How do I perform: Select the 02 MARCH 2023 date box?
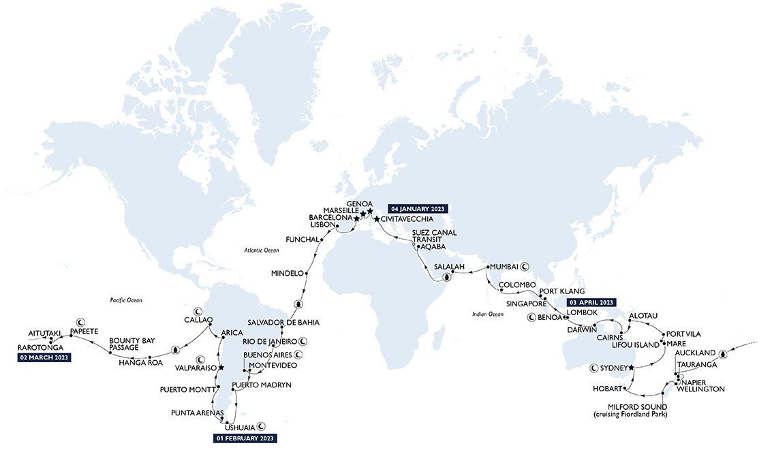tap(45, 357)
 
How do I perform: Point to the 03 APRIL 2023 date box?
tap(591, 302)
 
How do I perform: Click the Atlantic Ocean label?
tap(262, 251)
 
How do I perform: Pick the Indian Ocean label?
tap(487, 314)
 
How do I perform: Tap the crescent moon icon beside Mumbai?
tap(525, 266)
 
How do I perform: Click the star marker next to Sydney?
tap(632, 368)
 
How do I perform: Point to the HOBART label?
tap(608, 389)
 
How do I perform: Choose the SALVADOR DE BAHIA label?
tap(283, 322)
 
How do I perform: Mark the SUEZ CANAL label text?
tap(434, 233)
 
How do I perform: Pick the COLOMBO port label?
tap(518, 285)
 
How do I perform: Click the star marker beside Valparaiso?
tap(221, 368)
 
